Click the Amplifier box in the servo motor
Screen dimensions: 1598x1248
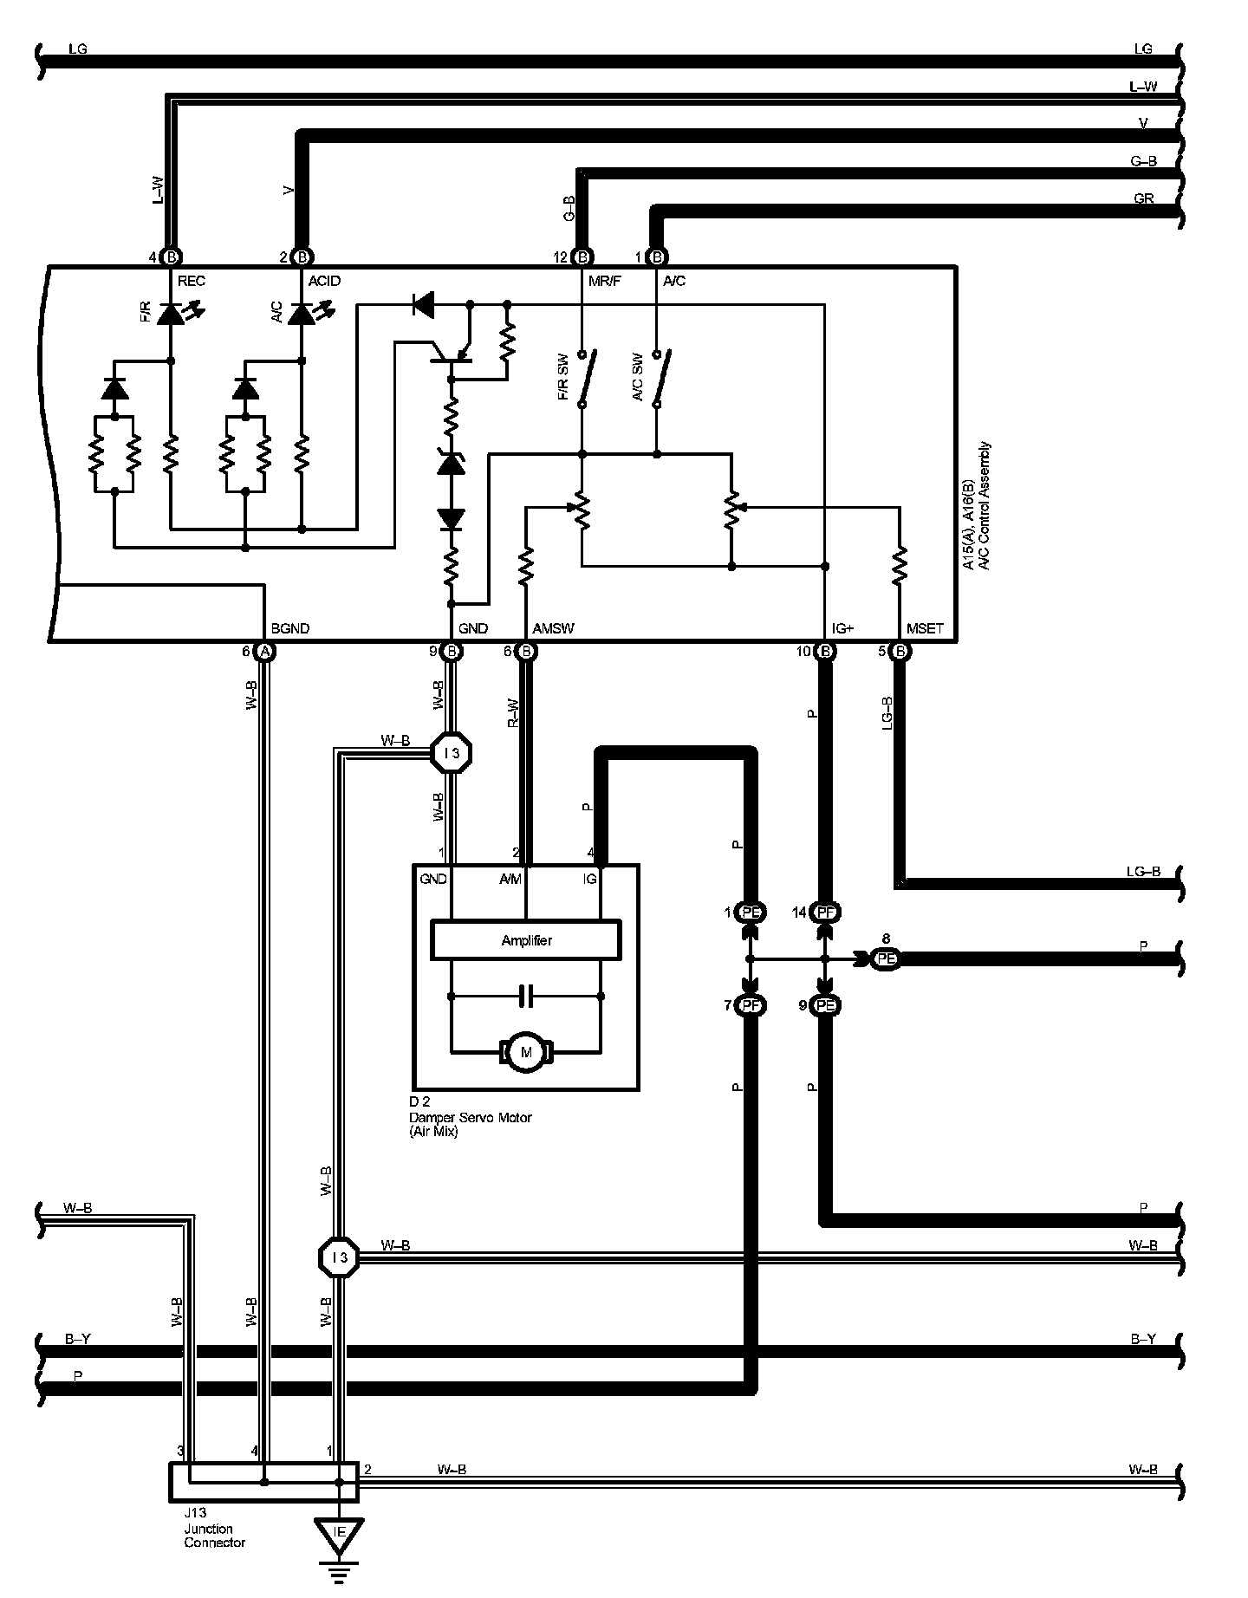[526, 940]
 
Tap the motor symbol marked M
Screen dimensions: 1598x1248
[525, 1052]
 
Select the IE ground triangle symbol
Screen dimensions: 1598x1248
[340, 1533]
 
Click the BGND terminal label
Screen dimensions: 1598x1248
[290, 628]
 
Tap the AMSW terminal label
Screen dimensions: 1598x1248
[554, 628]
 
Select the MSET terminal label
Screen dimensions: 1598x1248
[925, 628]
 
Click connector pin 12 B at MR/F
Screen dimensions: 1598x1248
[583, 257]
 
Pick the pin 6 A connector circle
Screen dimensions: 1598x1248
[265, 651]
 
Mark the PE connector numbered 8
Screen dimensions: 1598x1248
[885, 958]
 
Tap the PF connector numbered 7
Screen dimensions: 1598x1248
[750, 1005]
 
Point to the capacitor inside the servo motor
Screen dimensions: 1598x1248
[526, 997]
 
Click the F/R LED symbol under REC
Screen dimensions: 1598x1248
[171, 314]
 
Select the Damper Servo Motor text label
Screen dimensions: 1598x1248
[471, 1117]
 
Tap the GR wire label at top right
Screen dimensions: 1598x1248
[1143, 198]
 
